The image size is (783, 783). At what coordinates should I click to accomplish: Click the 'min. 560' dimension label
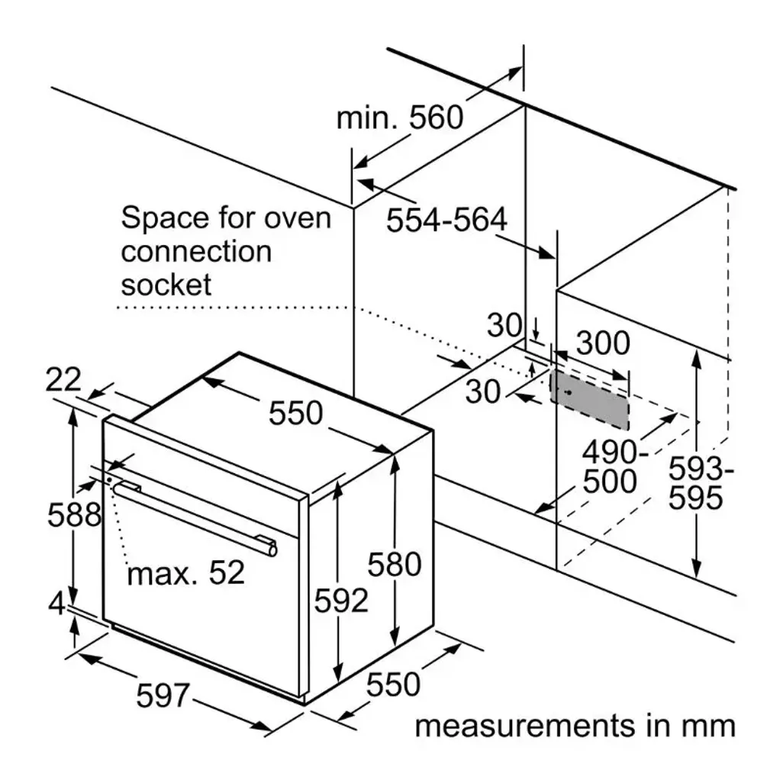click(399, 118)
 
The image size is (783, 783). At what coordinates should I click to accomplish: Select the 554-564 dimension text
click(446, 221)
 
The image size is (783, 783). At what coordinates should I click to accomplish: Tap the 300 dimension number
click(603, 344)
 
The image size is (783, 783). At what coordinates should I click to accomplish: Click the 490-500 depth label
click(610, 468)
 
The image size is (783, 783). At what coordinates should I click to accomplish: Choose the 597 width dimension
click(163, 694)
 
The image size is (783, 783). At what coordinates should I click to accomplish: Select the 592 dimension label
click(341, 601)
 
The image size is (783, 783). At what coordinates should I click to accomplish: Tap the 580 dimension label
click(394, 565)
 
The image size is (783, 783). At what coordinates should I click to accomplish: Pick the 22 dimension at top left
click(63, 379)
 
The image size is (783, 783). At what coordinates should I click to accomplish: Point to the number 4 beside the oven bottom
click(56, 604)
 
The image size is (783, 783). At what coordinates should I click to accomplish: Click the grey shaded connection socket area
click(590, 401)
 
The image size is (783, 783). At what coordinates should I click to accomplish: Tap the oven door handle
click(195, 515)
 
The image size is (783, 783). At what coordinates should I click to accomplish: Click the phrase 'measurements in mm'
click(575, 725)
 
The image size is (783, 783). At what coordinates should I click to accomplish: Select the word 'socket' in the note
click(166, 285)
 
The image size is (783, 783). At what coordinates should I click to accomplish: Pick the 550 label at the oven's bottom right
click(393, 685)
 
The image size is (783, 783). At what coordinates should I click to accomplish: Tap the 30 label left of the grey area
click(482, 391)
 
